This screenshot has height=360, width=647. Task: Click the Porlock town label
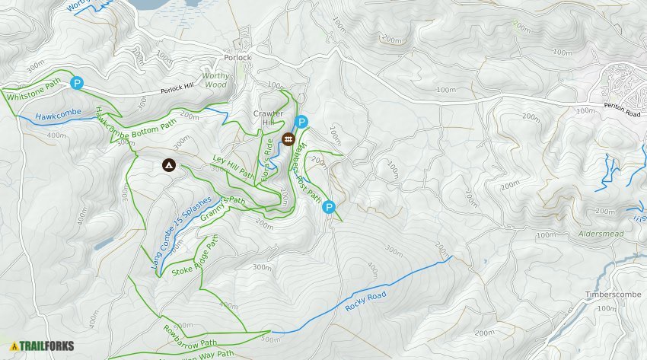tap(237, 57)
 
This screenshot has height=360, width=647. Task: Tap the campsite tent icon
tap(167, 164)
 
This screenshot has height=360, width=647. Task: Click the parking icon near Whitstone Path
tap(76, 83)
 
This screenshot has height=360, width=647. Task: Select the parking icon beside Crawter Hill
tap(301, 122)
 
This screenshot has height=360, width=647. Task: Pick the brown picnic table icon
tap(288, 139)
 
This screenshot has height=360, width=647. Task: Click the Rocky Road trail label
tap(365, 301)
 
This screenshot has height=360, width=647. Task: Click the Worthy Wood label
tap(215, 80)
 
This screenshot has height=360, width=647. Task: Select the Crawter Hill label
tap(268, 118)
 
